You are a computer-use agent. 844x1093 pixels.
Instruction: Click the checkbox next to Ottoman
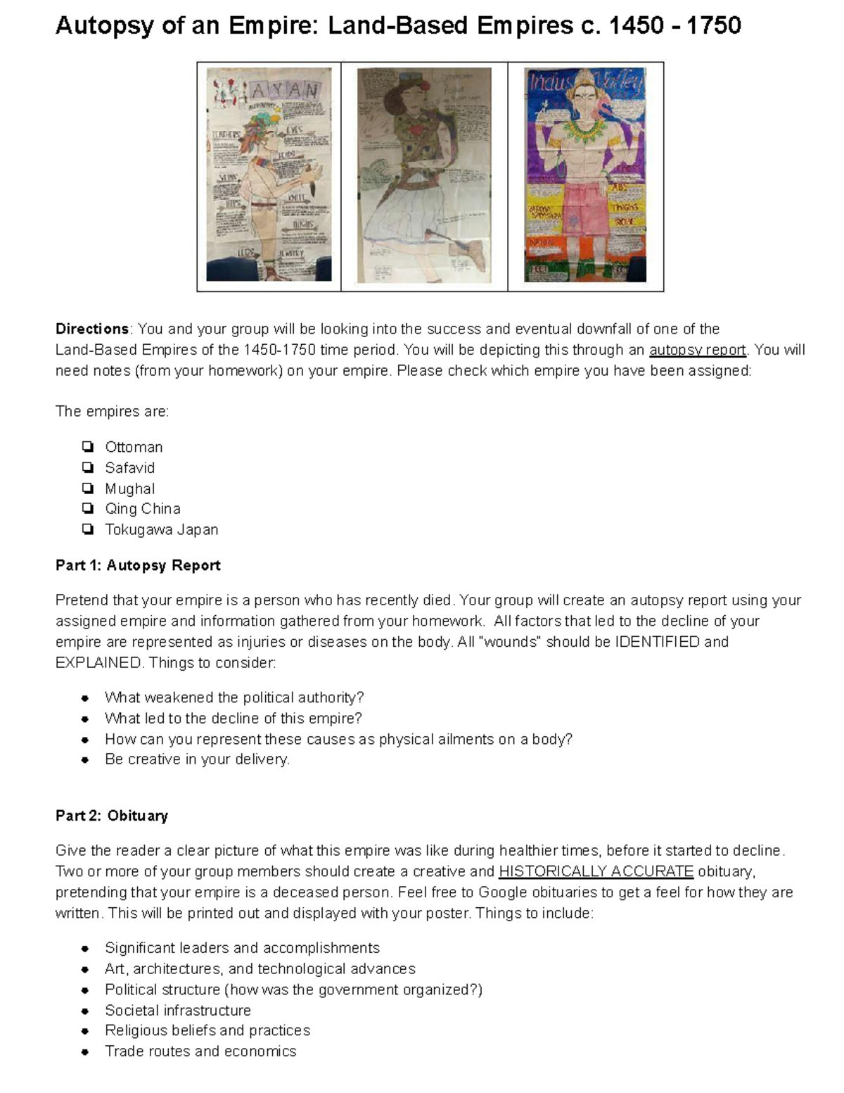point(87,447)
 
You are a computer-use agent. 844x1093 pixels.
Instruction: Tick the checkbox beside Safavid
point(87,467)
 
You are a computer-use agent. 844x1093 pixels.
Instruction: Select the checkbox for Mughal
point(87,488)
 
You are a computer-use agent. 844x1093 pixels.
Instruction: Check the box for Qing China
point(87,508)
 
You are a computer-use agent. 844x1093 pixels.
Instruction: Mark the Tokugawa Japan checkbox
point(87,529)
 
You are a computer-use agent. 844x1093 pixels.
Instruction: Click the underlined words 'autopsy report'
point(697,350)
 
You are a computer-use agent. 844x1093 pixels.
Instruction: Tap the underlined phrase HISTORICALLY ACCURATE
point(596,871)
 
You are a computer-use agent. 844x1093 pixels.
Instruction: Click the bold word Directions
point(92,329)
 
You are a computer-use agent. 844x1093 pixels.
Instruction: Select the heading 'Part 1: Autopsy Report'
point(138,565)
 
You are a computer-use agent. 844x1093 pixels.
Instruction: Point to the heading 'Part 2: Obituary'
point(112,816)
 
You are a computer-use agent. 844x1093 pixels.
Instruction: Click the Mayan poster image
point(269,175)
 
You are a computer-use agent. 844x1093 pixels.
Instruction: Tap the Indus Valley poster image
point(585,175)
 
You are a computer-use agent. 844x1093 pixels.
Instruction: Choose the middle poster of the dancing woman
point(424,175)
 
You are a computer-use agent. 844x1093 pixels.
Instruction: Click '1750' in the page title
point(713,26)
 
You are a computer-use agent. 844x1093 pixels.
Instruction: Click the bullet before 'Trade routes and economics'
point(85,1051)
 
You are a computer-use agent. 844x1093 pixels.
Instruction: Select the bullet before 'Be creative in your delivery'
point(85,760)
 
